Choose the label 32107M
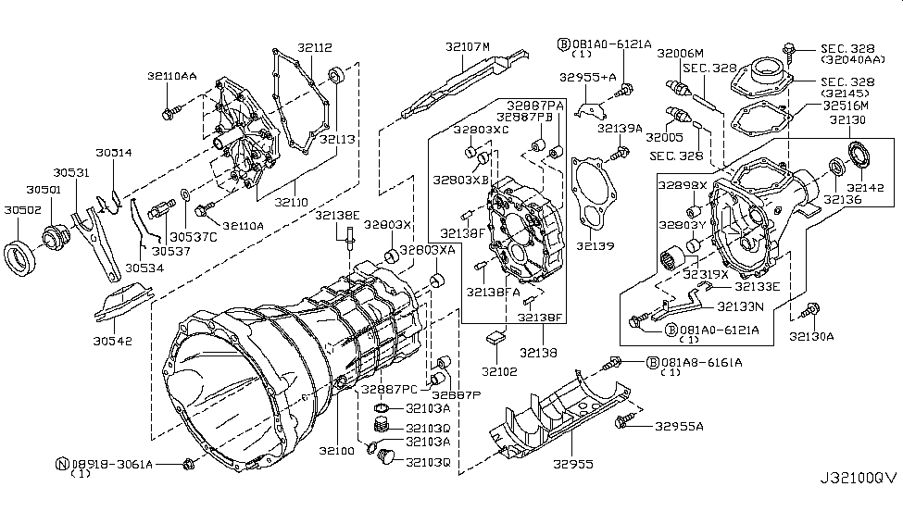(467, 45)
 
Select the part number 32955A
(678, 427)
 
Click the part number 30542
(112, 341)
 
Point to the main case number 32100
(334, 450)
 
